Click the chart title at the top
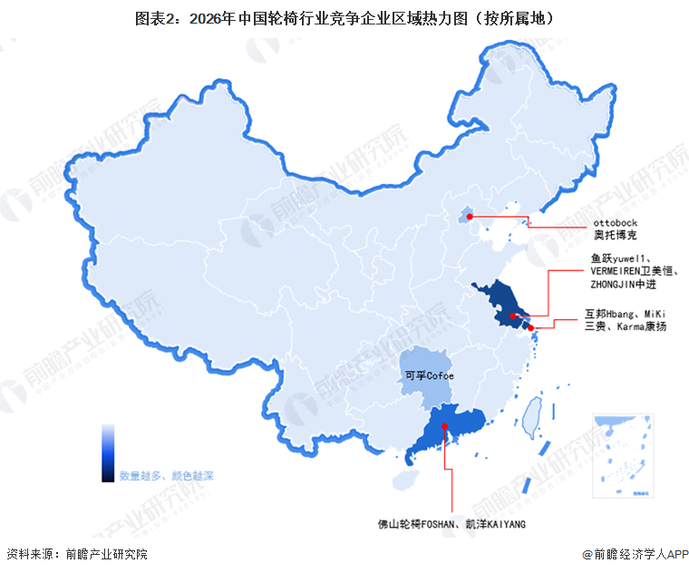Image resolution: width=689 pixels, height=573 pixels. (x=344, y=17)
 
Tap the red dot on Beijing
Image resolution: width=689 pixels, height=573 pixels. (x=469, y=217)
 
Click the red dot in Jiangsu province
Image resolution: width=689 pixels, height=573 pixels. (x=512, y=316)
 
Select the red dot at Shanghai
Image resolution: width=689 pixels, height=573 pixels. (x=531, y=328)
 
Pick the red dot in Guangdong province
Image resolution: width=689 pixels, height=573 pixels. (x=444, y=429)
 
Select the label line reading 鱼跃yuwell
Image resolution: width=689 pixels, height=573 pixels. (x=626, y=257)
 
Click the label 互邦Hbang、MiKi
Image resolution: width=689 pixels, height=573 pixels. (x=626, y=313)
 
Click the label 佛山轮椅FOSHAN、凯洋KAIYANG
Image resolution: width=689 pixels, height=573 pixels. (x=451, y=524)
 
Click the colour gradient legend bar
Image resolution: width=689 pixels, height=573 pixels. (x=108, y=452)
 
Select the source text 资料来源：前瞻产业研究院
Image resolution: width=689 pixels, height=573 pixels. (x=76, y=553)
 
